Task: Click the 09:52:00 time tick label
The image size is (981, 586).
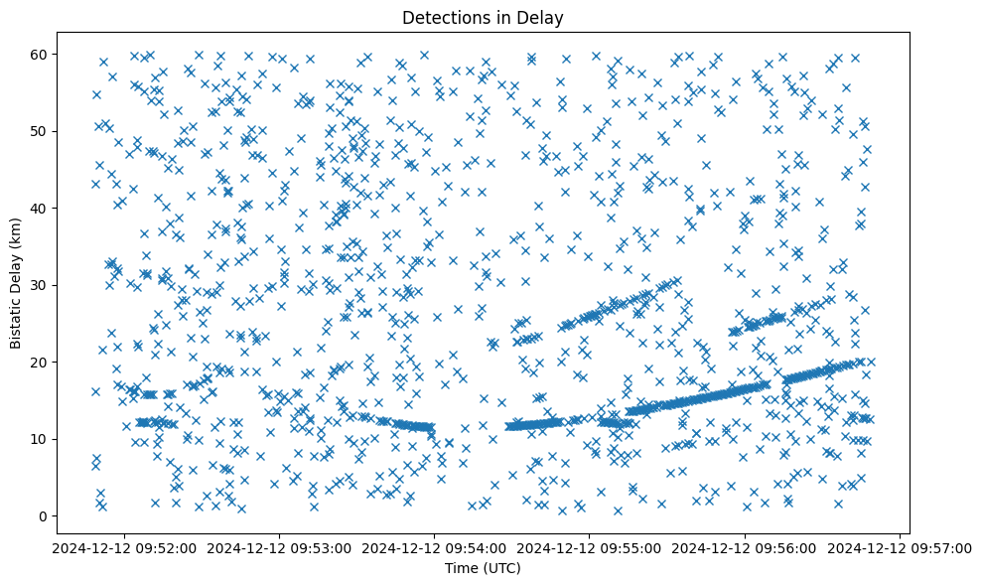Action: [125, 547]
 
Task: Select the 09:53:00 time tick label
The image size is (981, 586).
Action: [279, 547]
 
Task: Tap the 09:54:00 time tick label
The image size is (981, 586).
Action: [434, 547]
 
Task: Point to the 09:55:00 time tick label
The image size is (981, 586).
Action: [589, 547]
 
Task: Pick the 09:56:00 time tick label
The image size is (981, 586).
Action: [744, 547]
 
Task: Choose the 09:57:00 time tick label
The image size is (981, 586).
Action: [899, 547]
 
